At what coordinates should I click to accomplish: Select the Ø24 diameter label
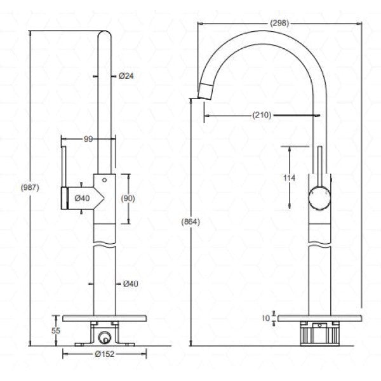pyautogui.click(x=126, y=76)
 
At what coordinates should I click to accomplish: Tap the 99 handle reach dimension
pyautogui.click(x=89, y=139)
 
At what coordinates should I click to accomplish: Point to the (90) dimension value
pyautogui.click(x=128, y=198)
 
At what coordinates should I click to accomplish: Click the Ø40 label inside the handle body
pyautogui.click(x=83, y=198)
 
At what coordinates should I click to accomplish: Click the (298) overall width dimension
pyautogui.click(x=279, y=23)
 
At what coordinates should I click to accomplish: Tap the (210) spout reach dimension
pyautogui.click(x=262, y=115)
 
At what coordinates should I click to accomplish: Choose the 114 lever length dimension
pyautogui.click(x=289, y=178)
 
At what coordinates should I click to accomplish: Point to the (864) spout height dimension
pyautogui.click(x=190, y=222)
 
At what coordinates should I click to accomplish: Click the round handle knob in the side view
pyautogui.click(x=319, y=199)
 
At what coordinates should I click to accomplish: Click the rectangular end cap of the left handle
pyautogui.click(x=63, y=198)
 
